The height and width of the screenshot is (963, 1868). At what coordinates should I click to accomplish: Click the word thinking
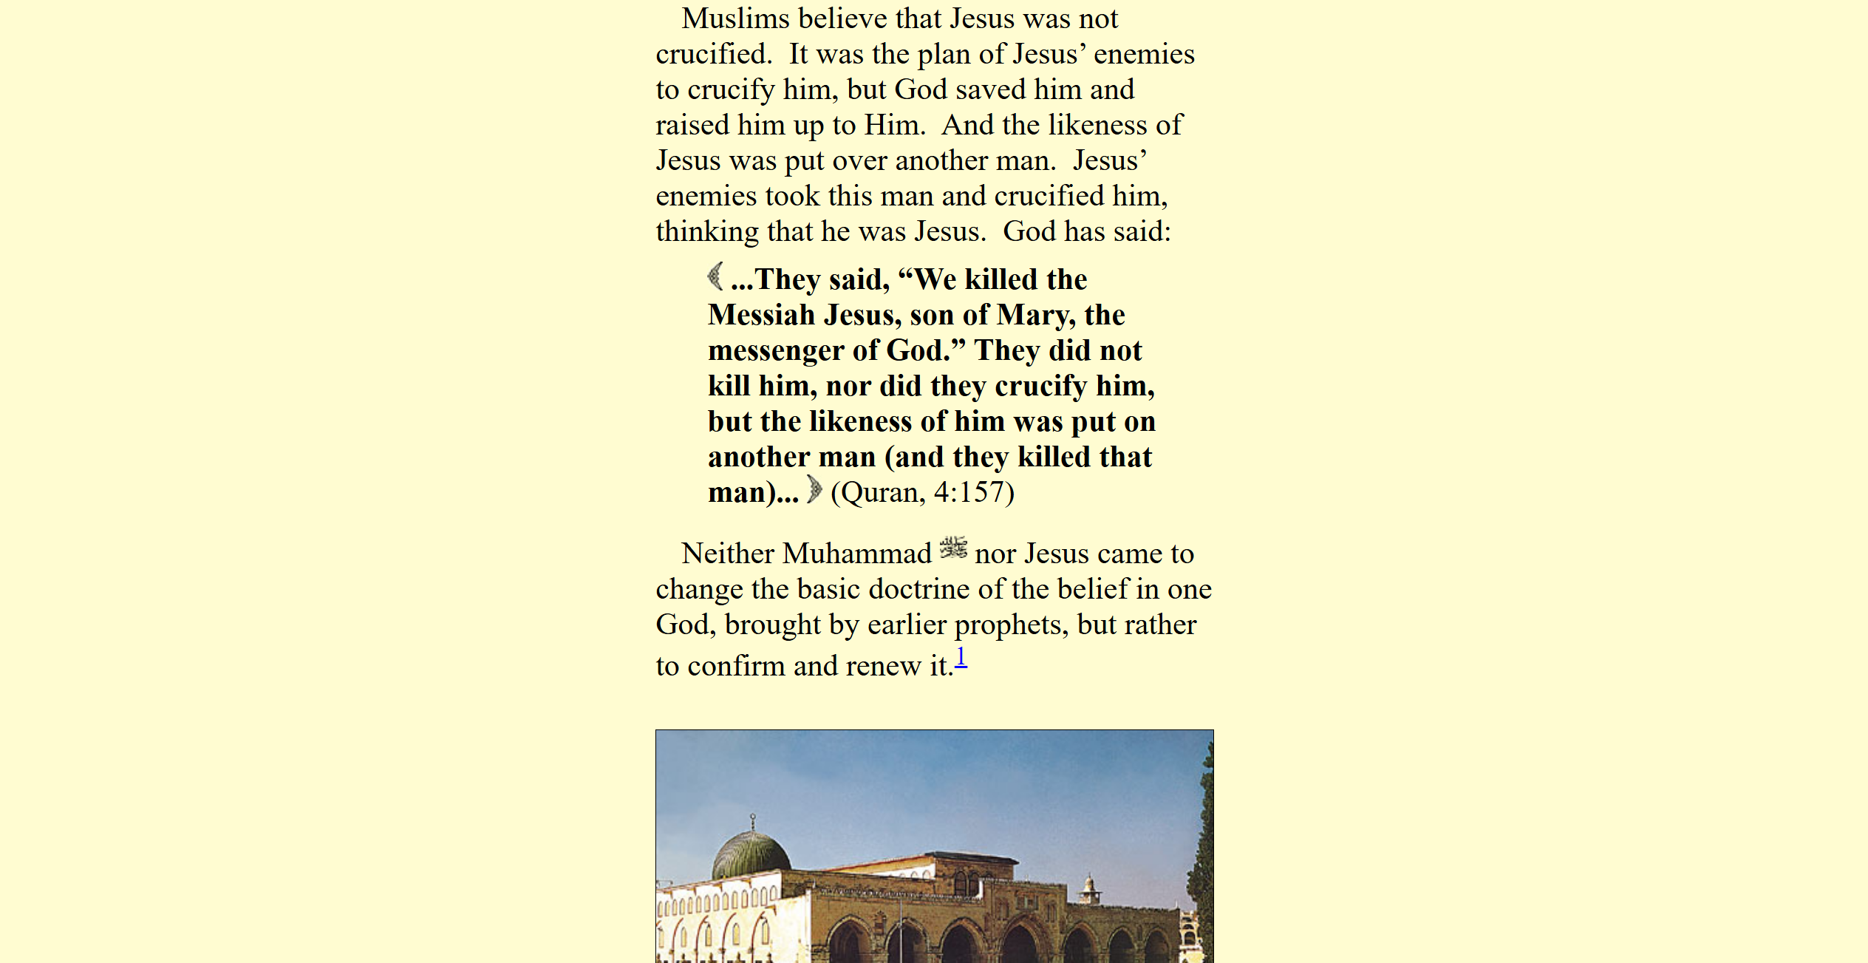[x=707, y=232]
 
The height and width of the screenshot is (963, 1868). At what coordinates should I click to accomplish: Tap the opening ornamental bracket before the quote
[x=715, y=276]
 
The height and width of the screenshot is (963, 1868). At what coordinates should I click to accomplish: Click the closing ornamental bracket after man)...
[x=814, y=489]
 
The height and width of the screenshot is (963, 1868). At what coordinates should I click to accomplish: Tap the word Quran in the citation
[x=879, y=493]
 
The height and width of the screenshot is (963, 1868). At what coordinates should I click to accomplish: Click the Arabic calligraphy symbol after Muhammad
[x=953, y=548]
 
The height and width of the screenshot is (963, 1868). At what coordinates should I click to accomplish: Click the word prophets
[x=1010, y=625]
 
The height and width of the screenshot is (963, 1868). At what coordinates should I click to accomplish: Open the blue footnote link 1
[x=961, y=657]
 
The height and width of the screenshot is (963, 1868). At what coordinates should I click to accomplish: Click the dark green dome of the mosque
[x=750, y=853]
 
